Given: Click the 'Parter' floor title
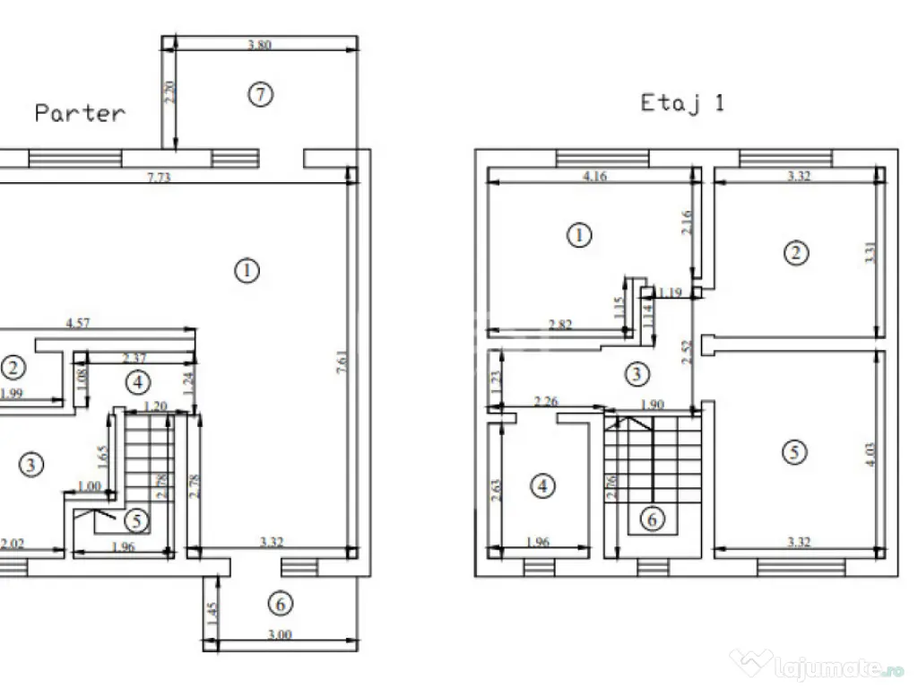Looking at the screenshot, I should pyautogui.click(x=80, y=113).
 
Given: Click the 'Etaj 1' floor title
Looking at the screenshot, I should pyautogui.click(x=682, y=103).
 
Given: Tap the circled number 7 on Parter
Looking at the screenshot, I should pyautogui.click(x=259, y=94).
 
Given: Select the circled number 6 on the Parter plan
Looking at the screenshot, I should pyautogui.click(x=281, y=604).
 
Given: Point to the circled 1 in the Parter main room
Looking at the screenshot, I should pyautogui.click(x=247, y=269).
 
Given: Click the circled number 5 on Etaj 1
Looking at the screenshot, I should pyautogui.click(x=793, y=452).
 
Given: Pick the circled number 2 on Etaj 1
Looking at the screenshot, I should pyautogui.click(x=794, y=253).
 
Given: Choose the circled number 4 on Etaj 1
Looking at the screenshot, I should pyautogui.click(x=542, y=486).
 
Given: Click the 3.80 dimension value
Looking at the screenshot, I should pyautogui.click(x=258, y=43).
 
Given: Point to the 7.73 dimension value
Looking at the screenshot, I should pyautogui.click(x=159, y=178).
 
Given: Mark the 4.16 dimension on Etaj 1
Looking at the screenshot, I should pyautogui.click(x=594, y=177).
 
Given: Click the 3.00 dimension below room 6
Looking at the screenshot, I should pyautogui.click(x=281, y=635).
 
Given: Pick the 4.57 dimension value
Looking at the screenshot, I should pyautogui.click(x=79, y=323).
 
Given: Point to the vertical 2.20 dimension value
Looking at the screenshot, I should pyautogui.click(x=169, y=93).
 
